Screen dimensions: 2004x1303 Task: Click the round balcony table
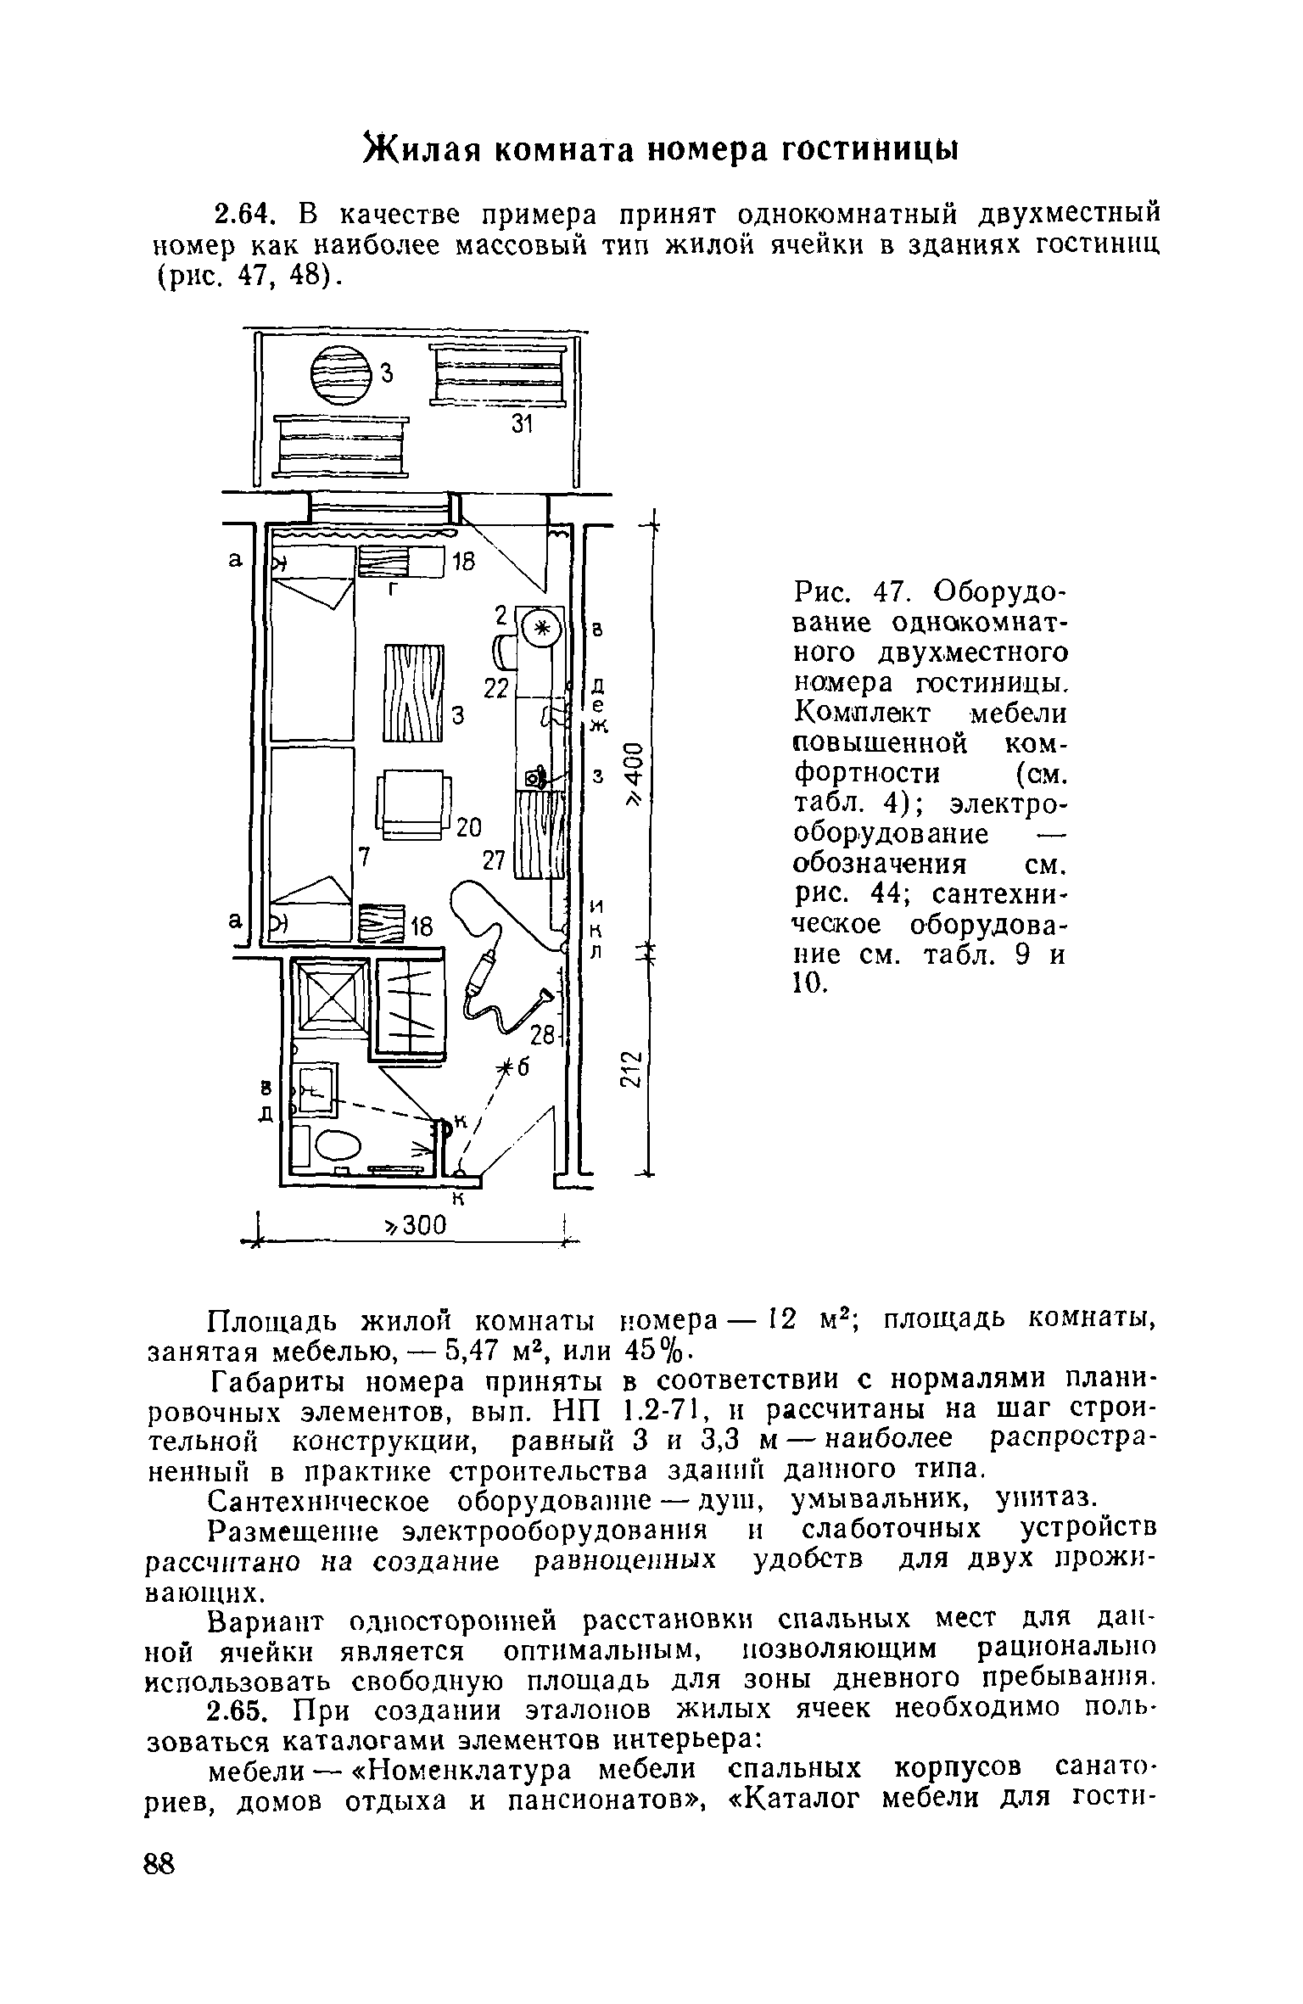tap(342, 377)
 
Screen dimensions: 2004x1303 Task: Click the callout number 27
tap(493, 860)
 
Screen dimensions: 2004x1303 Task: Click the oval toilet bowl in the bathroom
tap(338, 1148)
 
